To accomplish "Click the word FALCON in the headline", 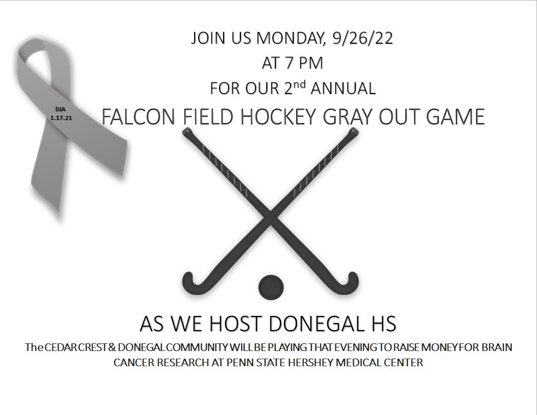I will click(133, 118).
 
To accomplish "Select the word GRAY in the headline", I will click(357, 118).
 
